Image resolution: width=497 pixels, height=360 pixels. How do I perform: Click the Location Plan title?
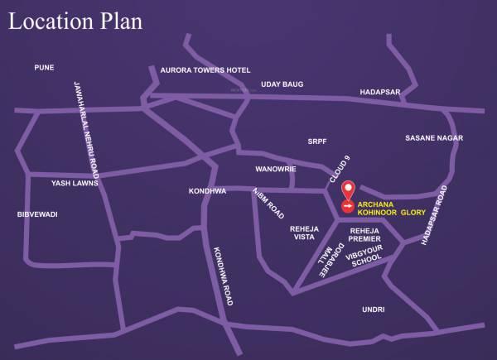75,21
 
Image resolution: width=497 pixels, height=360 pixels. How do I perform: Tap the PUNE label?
44,67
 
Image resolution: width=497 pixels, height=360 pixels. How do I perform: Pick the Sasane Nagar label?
433,137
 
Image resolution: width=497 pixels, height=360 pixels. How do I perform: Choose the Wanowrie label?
275,169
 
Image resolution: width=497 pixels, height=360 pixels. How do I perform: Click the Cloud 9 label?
340,168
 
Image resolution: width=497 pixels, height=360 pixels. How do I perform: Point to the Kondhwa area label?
207,191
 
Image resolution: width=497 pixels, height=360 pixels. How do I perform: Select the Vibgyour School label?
367,257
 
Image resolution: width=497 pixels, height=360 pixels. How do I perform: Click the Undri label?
374,309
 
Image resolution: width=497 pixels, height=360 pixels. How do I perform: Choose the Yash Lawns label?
75,184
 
